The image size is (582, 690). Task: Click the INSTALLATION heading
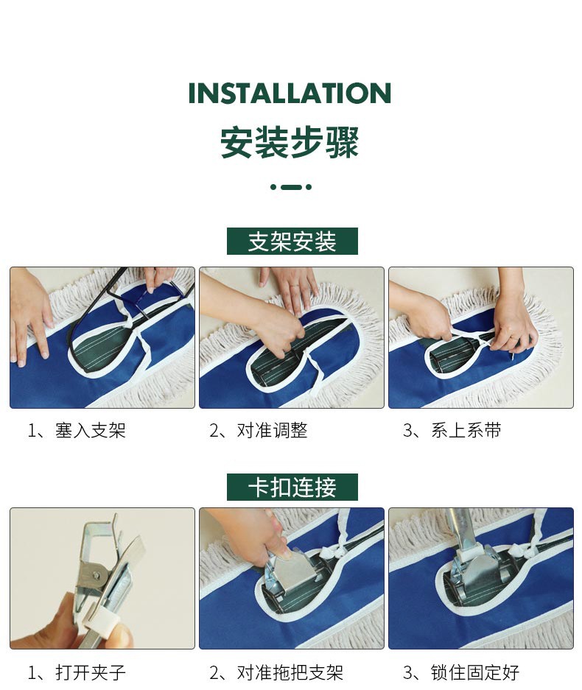290,93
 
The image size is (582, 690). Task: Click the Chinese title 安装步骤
290,142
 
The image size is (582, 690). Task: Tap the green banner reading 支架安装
292,241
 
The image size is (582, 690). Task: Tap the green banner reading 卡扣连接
292,487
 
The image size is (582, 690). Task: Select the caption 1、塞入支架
77,430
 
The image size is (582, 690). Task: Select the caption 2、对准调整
259,430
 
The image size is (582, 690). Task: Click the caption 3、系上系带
452,430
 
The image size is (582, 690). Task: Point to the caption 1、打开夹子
77,672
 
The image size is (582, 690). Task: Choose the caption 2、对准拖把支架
276,672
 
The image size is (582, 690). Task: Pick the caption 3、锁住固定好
461,672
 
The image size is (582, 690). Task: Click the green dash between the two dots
291,187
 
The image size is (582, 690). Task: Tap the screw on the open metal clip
96,574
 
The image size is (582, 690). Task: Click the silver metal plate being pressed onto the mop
298,571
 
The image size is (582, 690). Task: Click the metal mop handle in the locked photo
460,529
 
